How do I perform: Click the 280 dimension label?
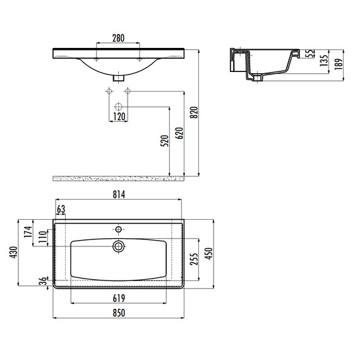point(119,38)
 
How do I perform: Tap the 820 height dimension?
point(194,112)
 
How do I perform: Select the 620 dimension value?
point(179,133)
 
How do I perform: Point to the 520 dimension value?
point(165,141)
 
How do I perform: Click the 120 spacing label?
point(119,117)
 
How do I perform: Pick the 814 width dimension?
point(119,195)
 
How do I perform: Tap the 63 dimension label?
point(61,209)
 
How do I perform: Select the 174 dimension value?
point(28,232)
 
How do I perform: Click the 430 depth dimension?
point(13,253)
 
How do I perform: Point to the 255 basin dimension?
point(194,259)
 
